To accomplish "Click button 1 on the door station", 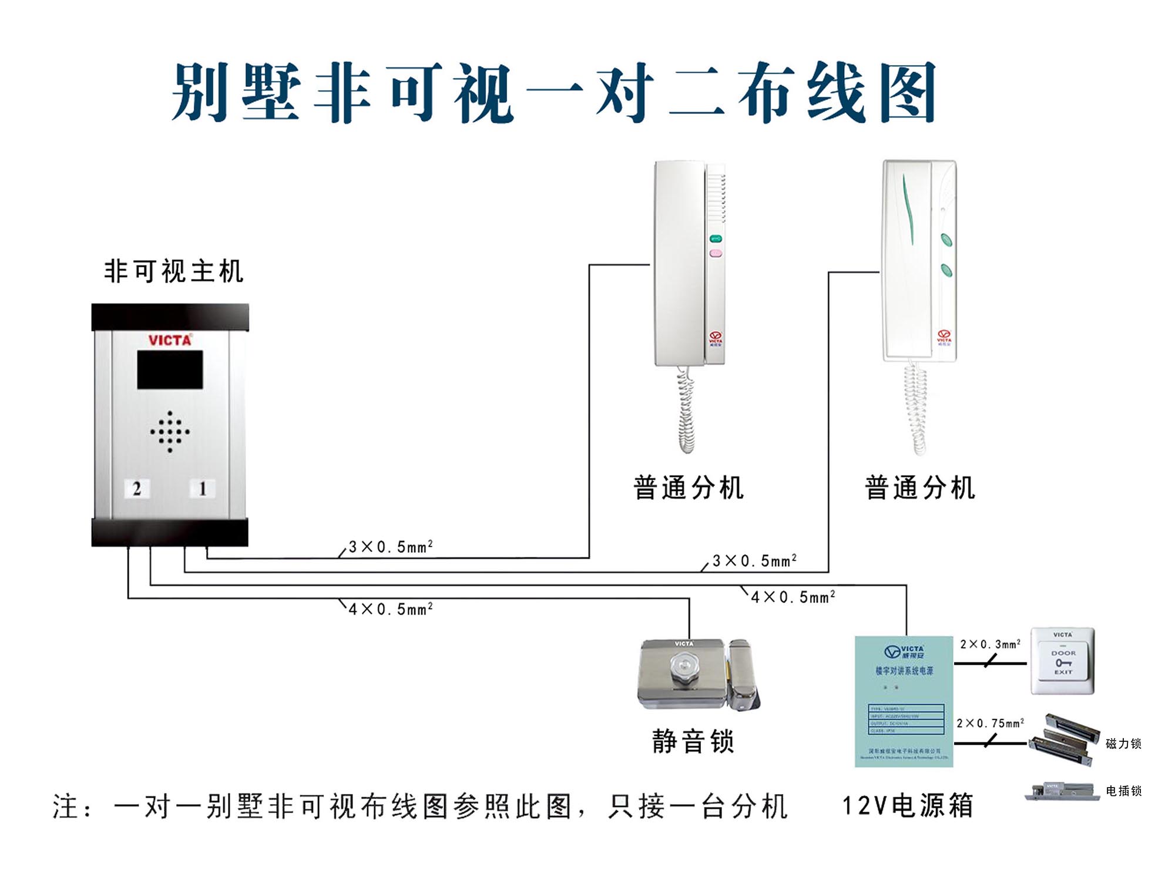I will pyautogui.click(x=202, y=488).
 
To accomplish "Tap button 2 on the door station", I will pyautogui.click(x=137, y=488).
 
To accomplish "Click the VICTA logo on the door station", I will pyautogui.click(x=170, y=340).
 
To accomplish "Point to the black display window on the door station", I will pyautogui.click(x=170, y=369).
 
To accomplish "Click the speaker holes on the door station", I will pyautogui.click(x=170, y=432).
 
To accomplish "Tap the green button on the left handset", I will pyautogui.click(x=716, y=238).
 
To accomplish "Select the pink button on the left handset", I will pyautogui.click(x=716, y=253).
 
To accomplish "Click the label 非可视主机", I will pyautogui.click(x=174, y=271).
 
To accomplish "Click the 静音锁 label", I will pyautogui.click(x=693, y=741).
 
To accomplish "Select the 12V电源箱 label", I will pyautogui.click(x=908, y=806).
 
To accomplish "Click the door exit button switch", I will pyautogui.click(x=1063, y=661).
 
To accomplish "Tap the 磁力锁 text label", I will pyautogui.click(x=1123, y=744).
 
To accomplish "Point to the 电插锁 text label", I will pyautogui.click(x=1123, y=791).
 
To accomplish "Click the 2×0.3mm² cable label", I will pyautogui.click(x=991, y=644).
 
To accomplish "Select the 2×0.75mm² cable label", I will pyautogui.click(x=991, y=723).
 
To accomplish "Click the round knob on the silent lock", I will pyautogui.click(x=683, y=668).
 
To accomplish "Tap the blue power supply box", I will pyautogui.click(x=904, y=701).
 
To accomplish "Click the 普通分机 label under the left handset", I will pyautogui.click(x=689, y=488).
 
